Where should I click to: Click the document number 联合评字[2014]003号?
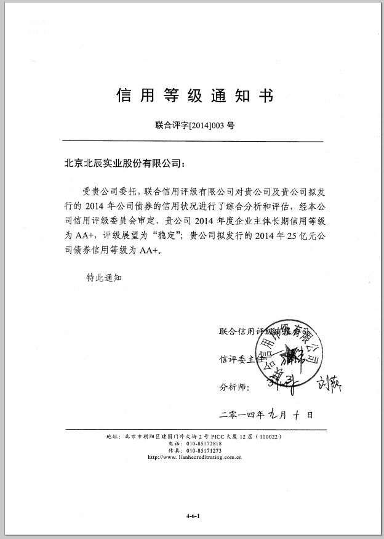[x=194, y=125]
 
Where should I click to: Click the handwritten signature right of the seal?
[x=327, y=386]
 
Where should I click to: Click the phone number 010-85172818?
[x=203, y=444]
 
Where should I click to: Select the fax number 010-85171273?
[x=203, y=450]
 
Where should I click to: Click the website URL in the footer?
[x=194, y=458]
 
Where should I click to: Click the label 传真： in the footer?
[x=175, y=450]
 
